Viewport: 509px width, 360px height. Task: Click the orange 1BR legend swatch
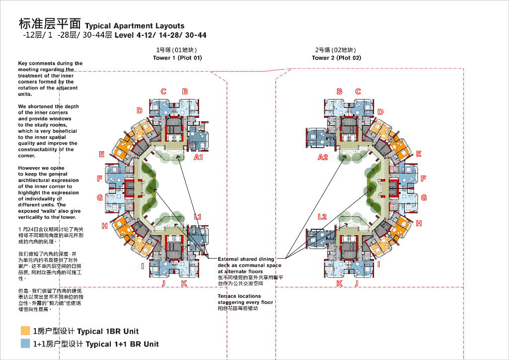(25, 331)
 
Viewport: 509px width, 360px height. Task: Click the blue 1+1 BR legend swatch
(25, 344)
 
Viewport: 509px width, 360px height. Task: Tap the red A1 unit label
(198, 157)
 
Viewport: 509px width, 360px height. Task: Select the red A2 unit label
(323, 157)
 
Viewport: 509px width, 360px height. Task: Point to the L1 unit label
(198, 217)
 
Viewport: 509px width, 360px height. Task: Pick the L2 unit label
(322, 217)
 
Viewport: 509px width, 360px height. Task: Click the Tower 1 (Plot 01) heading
(177, 58)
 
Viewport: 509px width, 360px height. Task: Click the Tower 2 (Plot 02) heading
(337, 58)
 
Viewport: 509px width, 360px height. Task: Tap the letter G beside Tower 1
(100, 197)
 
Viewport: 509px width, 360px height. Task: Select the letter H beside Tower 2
(419, 223)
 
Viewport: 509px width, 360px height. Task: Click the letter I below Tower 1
(143, 266)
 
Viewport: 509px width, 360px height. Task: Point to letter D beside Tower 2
(380, 112)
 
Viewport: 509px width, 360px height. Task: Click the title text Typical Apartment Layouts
(135, 26)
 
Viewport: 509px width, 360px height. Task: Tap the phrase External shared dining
(246, 259)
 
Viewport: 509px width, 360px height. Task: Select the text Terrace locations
(239, 296)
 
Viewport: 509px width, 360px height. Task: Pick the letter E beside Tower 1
(102, 154)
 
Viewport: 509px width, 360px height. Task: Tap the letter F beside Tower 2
(424, 179)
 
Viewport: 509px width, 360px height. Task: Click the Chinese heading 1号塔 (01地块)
(177, 50)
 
